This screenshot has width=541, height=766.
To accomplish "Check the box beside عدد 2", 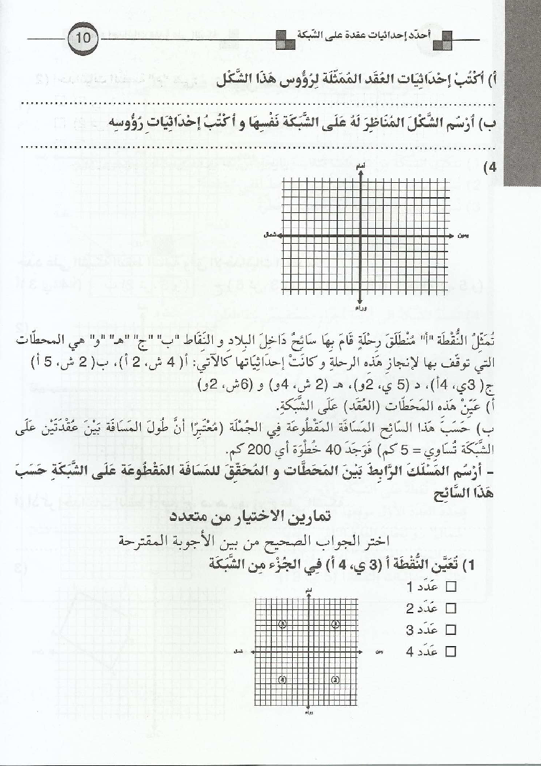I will click(450, 609).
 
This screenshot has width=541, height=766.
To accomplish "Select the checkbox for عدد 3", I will click(450, 630).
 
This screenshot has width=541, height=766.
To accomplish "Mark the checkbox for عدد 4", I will click(450, 651).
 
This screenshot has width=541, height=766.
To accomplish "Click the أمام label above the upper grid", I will click(360, 168).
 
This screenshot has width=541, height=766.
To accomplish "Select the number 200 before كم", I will click(204, 452).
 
